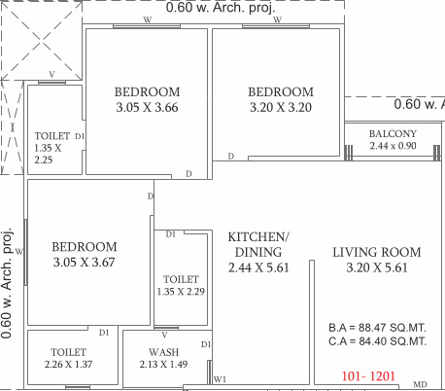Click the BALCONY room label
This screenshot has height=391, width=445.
click(394, 133)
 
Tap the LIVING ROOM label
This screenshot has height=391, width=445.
click(376, 252)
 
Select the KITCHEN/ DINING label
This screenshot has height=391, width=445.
click(257, 244)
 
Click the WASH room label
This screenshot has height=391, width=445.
click(162, 351)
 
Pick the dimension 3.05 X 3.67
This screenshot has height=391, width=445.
click(85, 263)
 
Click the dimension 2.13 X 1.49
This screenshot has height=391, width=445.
click(162, 364)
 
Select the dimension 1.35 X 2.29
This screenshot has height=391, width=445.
click(182, 290)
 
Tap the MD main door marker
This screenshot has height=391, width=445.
click(420, 385)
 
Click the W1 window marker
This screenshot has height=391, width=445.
click(220, 379)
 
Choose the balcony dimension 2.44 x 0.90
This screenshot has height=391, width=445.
click(394, 146)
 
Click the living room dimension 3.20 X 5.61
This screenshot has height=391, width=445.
click(376, 267)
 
